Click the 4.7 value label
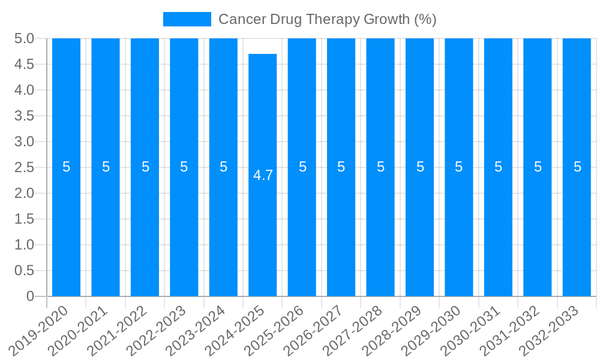click(263, 175)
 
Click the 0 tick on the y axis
click(31, 296)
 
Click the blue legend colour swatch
click(187, 19)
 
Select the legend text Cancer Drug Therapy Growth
click(327, 19)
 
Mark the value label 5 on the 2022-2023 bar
click(184, 167)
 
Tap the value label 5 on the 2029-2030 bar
click(459, 167)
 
